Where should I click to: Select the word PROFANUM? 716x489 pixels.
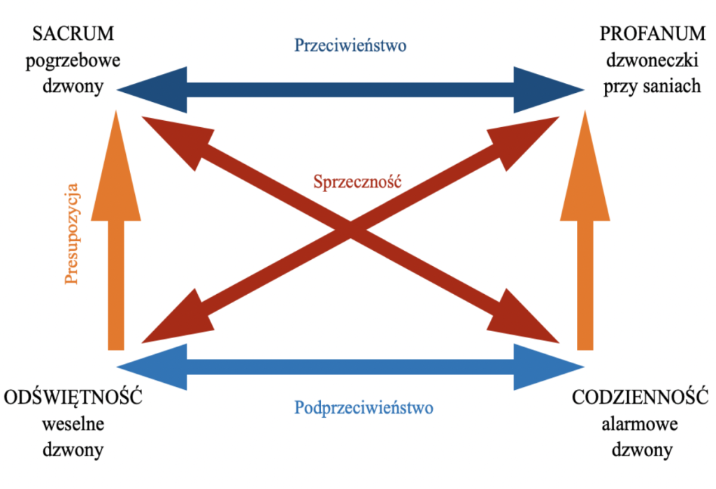click(643, 34)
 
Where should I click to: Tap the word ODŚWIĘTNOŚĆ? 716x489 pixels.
click(73, 398)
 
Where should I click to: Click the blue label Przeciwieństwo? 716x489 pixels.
click(350, 45)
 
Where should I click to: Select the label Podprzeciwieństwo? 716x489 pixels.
click(364, 407)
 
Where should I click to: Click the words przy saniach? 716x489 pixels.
click(643, 87)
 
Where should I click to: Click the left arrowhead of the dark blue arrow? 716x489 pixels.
click(150, 89)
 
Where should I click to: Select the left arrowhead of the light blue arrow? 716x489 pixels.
click(150, 366)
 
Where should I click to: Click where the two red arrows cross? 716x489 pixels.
click(350, 229)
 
